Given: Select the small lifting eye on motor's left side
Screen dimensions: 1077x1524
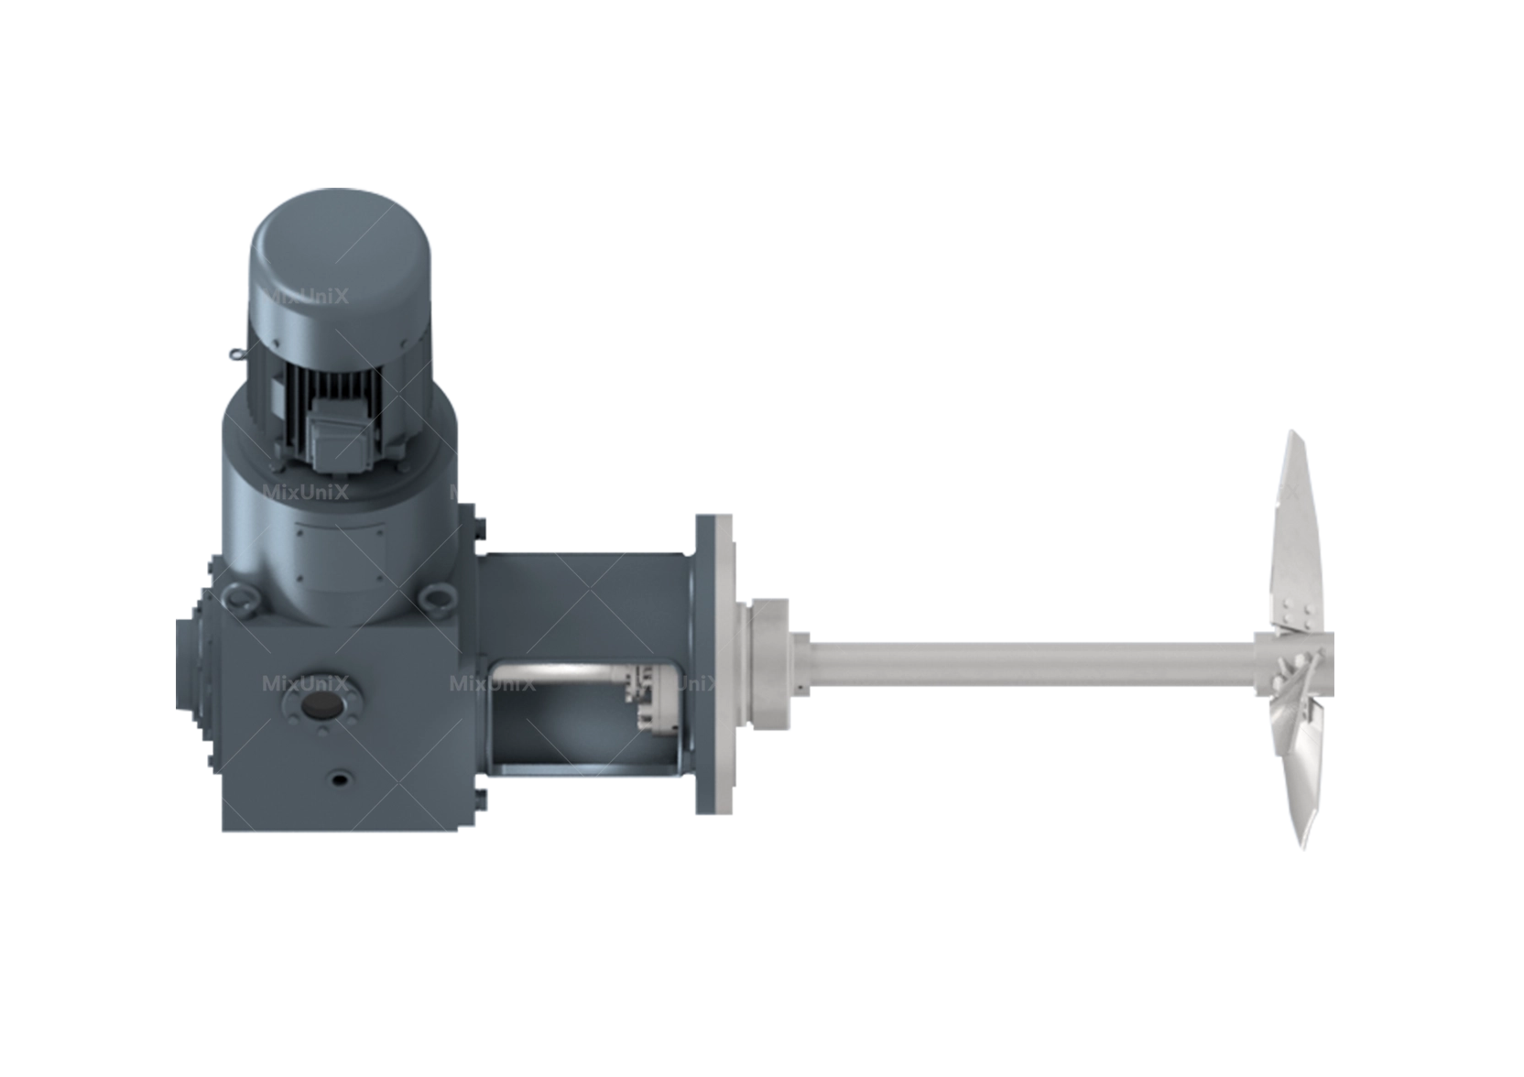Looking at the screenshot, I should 236,355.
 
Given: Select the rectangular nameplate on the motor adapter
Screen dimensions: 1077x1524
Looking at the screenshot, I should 341,553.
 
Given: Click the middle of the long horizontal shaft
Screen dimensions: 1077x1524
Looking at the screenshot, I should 1026,664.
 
